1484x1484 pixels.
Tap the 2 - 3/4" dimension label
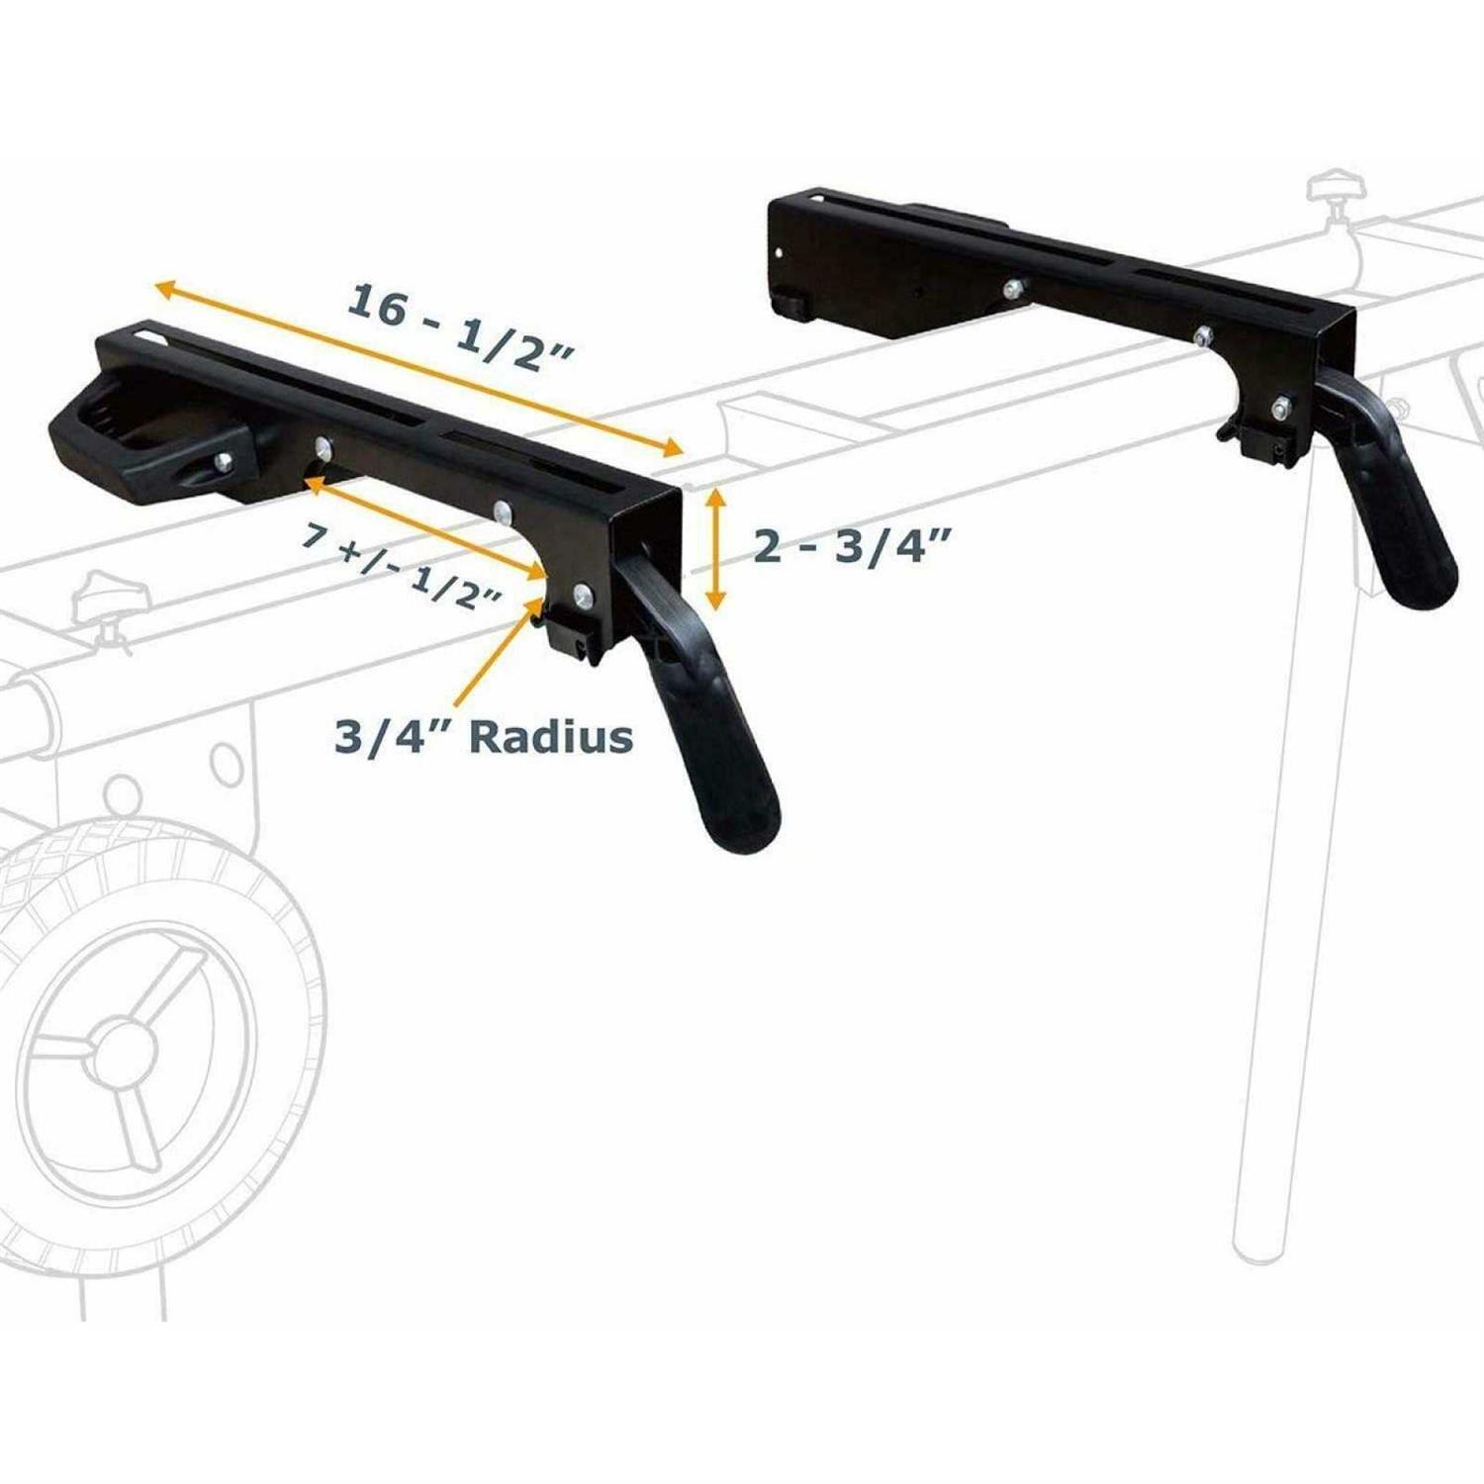point(852,545)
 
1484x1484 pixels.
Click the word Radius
point(551,737)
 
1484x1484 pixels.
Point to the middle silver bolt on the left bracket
point(503,510)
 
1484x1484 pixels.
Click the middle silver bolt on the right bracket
point(1202,334)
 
